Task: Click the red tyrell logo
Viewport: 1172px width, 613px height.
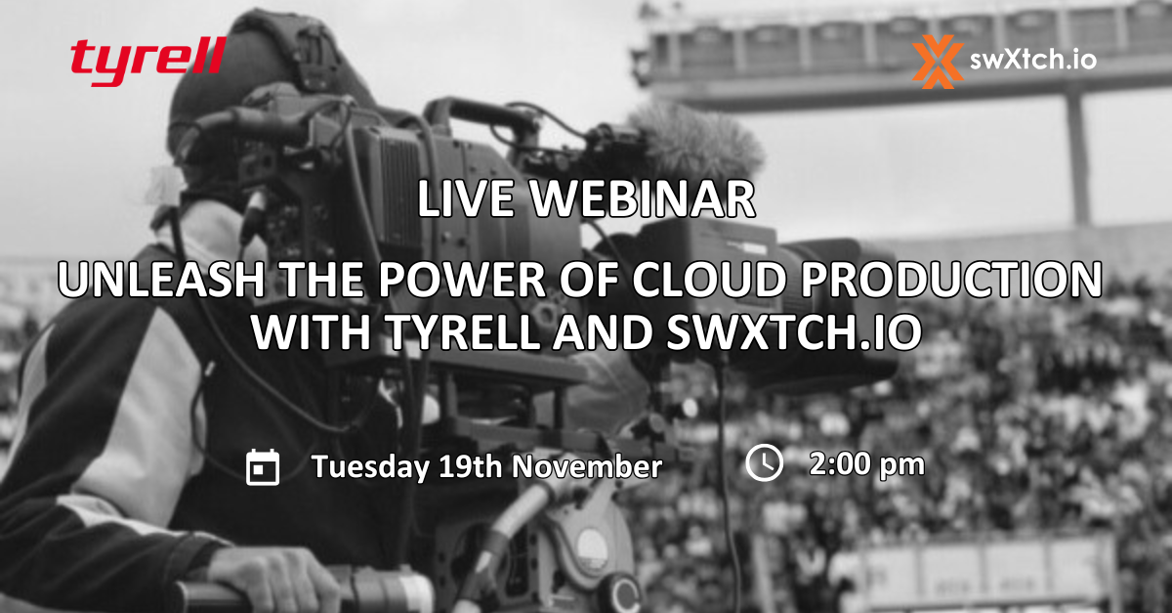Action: click(x=148, y=61)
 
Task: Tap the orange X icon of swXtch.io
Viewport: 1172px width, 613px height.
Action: click(x=938, y=62)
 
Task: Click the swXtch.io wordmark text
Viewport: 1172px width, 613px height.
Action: click(x=1033, y=60)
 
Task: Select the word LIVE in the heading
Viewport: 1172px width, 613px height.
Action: click(x=466, y=199)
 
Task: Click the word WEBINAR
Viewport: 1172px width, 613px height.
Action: click(x=643, y=199)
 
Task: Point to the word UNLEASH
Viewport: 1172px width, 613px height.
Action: click(x=161, y=280)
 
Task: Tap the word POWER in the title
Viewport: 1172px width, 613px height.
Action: click(x=462, y=280)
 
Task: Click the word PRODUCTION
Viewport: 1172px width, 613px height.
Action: click(x=951, y=280)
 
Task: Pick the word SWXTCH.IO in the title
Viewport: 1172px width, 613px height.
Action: click(x=794, y=332)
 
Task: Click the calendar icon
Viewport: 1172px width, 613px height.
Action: click(x=263, y=466)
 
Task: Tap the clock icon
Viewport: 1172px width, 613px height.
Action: click(x=765, y=462)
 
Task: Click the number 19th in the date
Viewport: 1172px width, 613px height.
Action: click(x=471, y=465)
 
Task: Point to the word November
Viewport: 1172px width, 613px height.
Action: click(x=587, y=466)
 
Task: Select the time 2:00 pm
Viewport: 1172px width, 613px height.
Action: click(x=867, y=464)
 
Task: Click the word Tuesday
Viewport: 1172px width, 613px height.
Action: click(x=370, y=467)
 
